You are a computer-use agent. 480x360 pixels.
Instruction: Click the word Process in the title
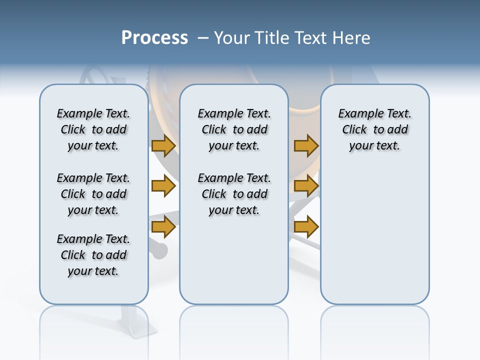pos(154,37)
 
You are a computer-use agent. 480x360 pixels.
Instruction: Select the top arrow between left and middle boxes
pos(163,146)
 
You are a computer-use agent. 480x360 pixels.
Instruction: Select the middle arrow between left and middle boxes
pos(163,186)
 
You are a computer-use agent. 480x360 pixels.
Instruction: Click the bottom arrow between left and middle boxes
pos(163,227)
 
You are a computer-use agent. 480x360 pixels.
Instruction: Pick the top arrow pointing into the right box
pos(306,146)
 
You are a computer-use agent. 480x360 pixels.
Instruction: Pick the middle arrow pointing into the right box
pos(306,186)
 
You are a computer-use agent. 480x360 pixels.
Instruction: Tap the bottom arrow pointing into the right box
pos(306,227)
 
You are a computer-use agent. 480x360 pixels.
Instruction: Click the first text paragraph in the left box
pos(93,129)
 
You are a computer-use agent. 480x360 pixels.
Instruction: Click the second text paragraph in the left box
pos(93,194)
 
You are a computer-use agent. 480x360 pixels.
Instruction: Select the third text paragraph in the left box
pos(93,255)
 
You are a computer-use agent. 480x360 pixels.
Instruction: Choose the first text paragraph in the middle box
pos(234,129)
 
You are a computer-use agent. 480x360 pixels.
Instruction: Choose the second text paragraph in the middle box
pos(234,194)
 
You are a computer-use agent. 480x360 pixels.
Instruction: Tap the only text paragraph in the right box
pos(374,129)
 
